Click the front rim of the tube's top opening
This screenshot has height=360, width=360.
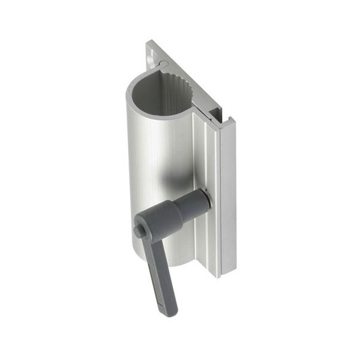pos(150,114)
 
